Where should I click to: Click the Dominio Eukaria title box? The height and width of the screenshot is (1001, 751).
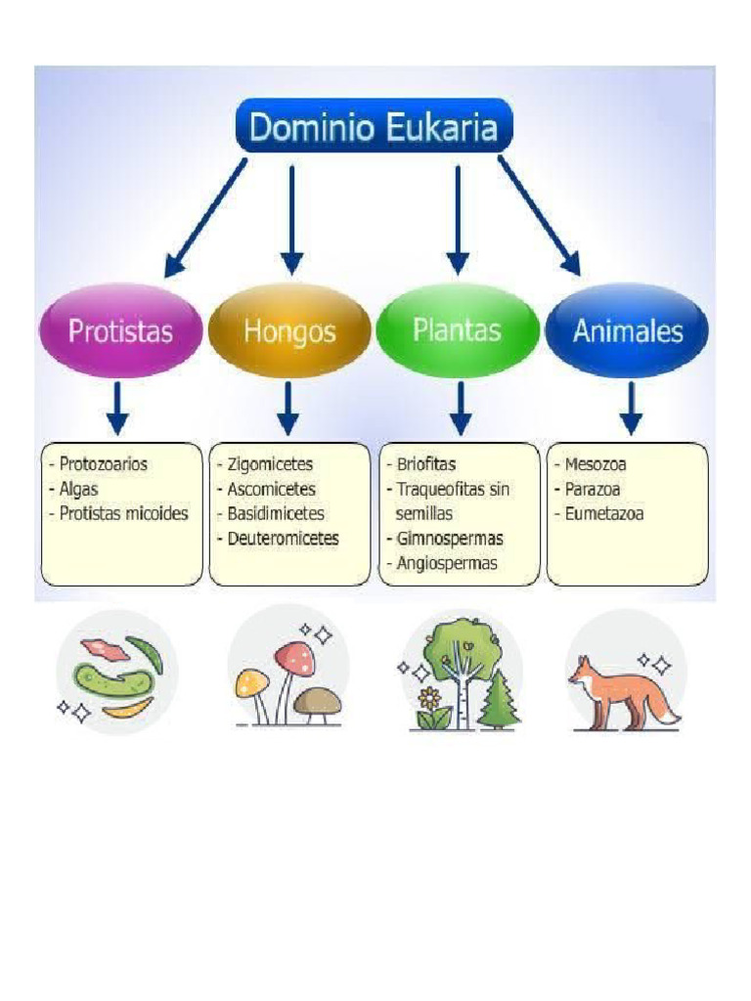tap(375, 126)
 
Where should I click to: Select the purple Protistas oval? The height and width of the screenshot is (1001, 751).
tap(120, 330)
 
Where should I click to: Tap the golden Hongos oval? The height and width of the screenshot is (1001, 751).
tap(289, 330)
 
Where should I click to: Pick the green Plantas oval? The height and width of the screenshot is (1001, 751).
tap(458, 330)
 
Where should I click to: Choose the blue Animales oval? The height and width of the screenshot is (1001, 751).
tap(627, 330)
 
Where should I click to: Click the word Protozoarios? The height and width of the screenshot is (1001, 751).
tap(104, 464)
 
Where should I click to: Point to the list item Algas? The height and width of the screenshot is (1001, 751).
tap(78, 490)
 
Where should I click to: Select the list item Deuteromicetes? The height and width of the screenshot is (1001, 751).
tap(283, 539)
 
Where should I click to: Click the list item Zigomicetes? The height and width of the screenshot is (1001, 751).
tap(270, 464)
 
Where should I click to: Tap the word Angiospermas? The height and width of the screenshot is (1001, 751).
tap(447, 564)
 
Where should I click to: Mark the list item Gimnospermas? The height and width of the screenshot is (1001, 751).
tap(450, 539)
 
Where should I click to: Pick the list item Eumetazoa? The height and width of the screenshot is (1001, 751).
tap(604, 514)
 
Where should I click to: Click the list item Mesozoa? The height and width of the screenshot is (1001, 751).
tap(596, 464)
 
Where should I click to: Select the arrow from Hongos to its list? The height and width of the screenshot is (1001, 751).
tap(288, 409)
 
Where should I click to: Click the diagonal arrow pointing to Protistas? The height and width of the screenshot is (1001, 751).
tap(205, 218)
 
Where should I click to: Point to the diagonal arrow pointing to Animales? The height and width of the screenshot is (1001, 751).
tap(540, 216)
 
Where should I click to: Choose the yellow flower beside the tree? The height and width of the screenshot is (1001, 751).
tap(431, 698)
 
